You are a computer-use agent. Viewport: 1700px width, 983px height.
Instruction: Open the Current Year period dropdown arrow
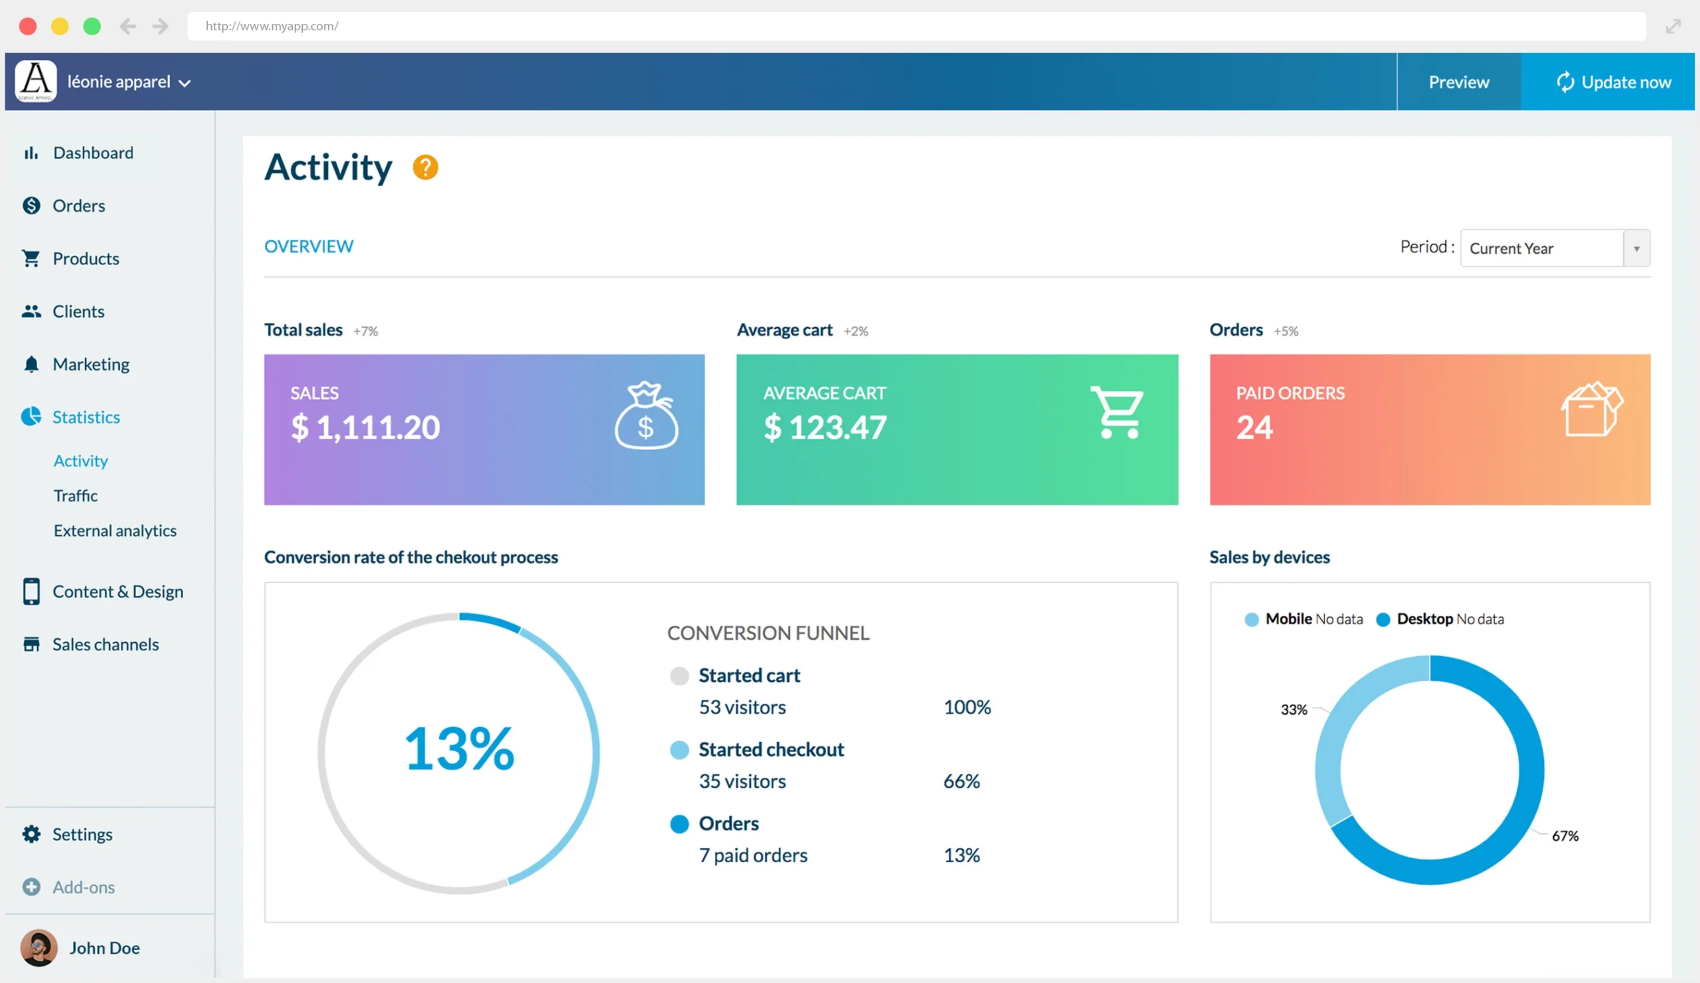(1636, 248)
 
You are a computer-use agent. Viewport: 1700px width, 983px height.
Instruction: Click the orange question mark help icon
(425, 167)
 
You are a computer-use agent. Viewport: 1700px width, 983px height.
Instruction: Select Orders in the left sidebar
(78, 205)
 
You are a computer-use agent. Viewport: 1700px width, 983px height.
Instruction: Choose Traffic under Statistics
(76, 495)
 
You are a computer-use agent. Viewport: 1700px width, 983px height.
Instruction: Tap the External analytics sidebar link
(115, 530)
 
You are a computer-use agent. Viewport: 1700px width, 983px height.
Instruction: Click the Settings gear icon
(31, 834)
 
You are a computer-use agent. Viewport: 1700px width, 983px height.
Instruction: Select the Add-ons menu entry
(83, 887)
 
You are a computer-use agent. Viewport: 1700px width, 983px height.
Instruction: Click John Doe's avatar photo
(39, 947)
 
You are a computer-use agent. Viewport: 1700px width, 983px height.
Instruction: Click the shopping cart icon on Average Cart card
(1117, 412)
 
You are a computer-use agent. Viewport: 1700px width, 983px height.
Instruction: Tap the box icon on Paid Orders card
(1591, 410)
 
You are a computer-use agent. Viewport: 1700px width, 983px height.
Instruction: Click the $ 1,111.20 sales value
(365, 427)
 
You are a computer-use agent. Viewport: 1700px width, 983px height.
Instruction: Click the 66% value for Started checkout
(961, 780)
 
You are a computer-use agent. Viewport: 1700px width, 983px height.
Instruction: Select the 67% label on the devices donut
(1565, 836)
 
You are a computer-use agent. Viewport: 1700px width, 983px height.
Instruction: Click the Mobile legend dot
(1251, 619)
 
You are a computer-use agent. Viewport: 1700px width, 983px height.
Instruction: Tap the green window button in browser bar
(92, 27)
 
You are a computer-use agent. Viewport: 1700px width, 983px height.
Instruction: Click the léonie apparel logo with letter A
(36, 81)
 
